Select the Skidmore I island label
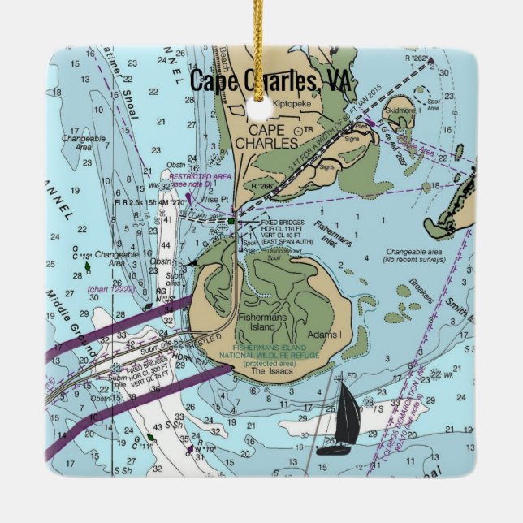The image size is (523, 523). coord(400,110)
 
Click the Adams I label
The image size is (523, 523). coord(323,335)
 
